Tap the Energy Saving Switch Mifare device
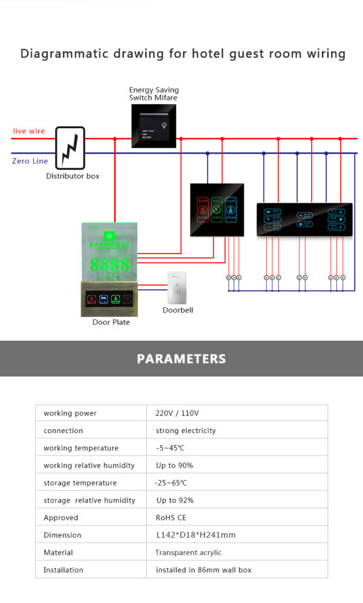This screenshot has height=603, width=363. coord(154,126)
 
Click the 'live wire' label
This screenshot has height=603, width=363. coord(29,131)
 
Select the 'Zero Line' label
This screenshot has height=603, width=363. coord(30,161)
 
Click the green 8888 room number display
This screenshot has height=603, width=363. coord(110,264)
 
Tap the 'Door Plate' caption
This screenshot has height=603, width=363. coord(111,322)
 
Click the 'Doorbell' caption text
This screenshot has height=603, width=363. coord(177,310)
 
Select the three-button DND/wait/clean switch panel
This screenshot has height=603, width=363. coord(217,209)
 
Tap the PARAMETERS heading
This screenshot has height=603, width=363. coord(181,359)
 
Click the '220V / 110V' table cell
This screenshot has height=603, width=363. coord(177,413)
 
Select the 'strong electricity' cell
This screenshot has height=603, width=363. coord(185,431)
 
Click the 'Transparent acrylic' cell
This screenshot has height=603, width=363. coord(188,553)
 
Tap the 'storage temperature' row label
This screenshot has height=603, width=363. coord(80,483)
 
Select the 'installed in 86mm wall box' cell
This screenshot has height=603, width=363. coord(203,570)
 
